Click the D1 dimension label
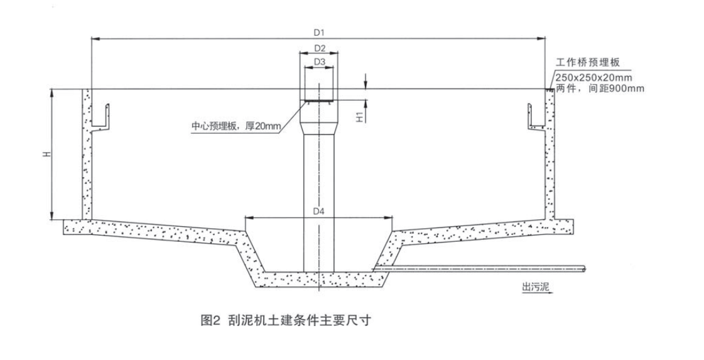[x=318, y=32]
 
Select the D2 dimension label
[x=319, y=48]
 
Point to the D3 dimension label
[x=319, y=62]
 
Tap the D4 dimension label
[x=319, y=211]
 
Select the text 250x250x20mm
[x=593, y=78]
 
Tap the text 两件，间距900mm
[x=600, y=89]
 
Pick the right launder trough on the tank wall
[x=535, y=119]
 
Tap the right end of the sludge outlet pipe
[x=584, y=270]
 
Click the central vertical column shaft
[x=319, y=201]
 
